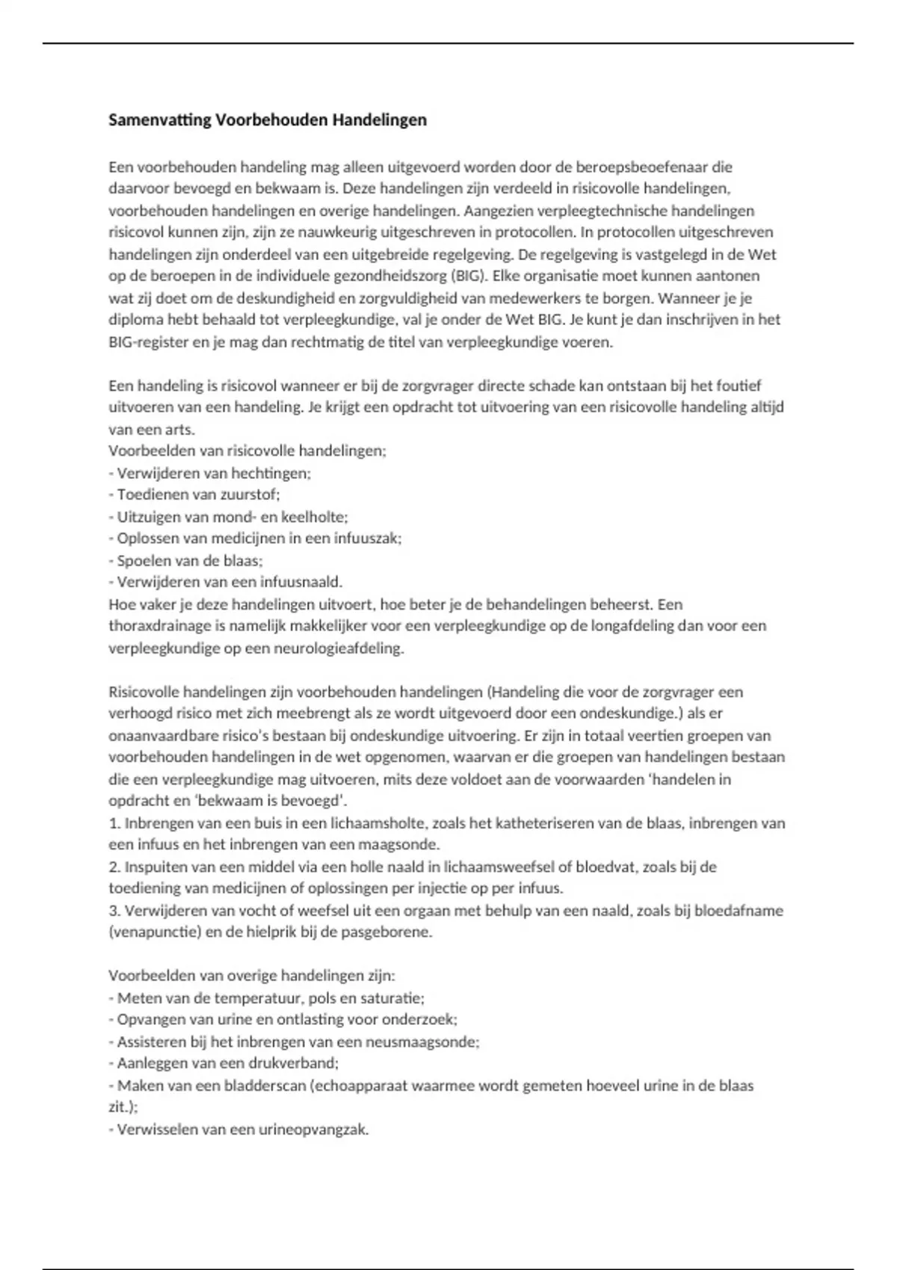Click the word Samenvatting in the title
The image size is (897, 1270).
(160, 120)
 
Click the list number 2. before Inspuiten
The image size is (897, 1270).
(114, 867)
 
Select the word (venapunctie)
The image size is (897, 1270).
(153, 932)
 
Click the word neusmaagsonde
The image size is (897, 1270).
(429, 1042)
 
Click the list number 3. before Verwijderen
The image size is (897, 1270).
(114, 911)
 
